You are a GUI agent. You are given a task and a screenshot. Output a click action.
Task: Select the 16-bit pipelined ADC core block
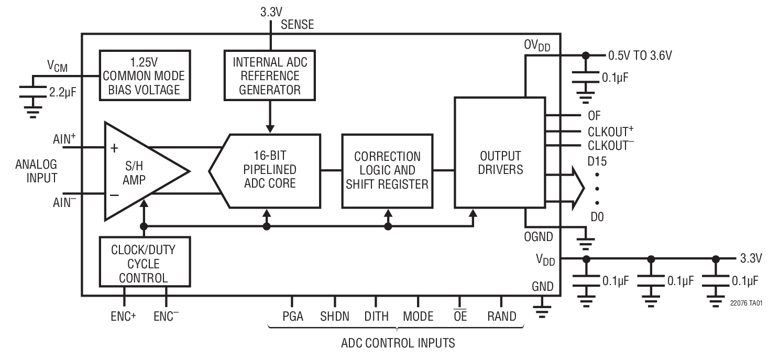(270, 170)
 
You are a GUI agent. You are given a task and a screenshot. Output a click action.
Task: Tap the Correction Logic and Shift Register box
(388, 170)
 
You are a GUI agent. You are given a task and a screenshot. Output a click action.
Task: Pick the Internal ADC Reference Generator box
(270, 76)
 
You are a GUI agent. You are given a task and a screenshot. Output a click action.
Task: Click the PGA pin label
(293, 317)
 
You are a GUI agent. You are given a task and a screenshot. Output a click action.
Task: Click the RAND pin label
(501, 317)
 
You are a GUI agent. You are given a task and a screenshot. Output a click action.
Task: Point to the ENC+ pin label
(124, 317)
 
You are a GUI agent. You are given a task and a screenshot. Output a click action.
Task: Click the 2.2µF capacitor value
(63, 93)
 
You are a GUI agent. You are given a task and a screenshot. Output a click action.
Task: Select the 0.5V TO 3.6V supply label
(639, 55)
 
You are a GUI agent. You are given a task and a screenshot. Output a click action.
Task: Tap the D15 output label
(597, 161)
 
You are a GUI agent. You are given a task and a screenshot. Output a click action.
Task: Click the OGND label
(539, 237)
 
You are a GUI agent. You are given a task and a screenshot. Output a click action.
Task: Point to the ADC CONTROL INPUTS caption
(398, 344)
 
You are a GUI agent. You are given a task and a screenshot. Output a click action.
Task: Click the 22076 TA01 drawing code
(743, 303)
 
